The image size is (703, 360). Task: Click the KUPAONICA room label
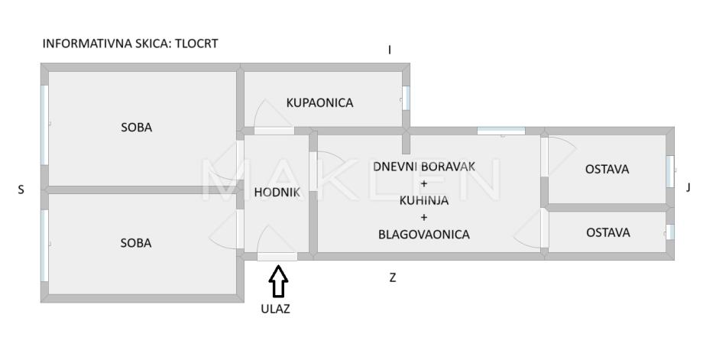click(319, 102)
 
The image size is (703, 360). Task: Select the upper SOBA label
click(137, 128)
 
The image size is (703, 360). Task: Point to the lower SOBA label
click(137, 243)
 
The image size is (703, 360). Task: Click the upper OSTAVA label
click(607, 170)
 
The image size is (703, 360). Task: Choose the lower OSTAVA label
click(607, 232)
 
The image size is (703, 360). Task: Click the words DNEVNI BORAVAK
click(424, 166)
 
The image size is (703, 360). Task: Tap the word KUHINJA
click(424, 201)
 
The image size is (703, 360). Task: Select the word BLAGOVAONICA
click(424, 235)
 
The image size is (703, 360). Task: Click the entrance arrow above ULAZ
click(278, 281)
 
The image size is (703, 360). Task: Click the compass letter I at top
click(390, 50)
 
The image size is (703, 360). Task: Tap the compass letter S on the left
click(21, 190)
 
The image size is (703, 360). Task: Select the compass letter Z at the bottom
click(393, 278)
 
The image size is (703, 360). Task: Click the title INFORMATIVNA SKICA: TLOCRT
click(130, 44)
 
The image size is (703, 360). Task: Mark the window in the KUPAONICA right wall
click(406, 97)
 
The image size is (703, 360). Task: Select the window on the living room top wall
click(501, 131)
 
